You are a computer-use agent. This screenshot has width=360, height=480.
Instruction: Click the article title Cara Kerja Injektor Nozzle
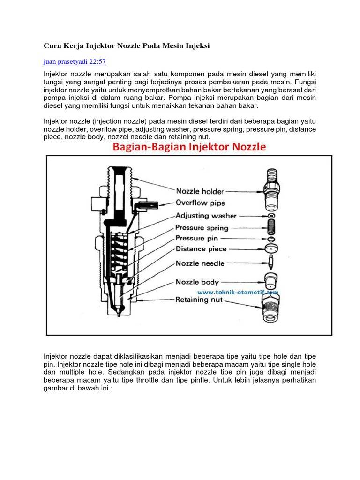(126, 46)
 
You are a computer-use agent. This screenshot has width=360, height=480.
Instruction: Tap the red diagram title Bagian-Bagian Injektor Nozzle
(188, 147)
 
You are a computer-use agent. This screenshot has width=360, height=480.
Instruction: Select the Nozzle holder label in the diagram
(200, 191)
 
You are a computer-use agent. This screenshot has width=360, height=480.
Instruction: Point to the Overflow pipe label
(200, 203)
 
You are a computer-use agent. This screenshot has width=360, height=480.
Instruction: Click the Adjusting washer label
(206, 216)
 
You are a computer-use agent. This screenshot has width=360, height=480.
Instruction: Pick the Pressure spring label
(202, 228)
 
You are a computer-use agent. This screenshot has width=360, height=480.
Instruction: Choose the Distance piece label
(201, 249)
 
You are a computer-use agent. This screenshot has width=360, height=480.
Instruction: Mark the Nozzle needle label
(200, 263)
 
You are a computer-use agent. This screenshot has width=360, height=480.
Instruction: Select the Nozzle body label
(197, 282)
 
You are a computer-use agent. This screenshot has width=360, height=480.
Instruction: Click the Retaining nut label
(198, 300)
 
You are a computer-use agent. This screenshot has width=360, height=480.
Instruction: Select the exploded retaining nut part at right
(271, 307)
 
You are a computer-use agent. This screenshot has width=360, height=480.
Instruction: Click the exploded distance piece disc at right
(271, 249)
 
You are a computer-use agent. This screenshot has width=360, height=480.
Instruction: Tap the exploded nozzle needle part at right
(271, 263)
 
